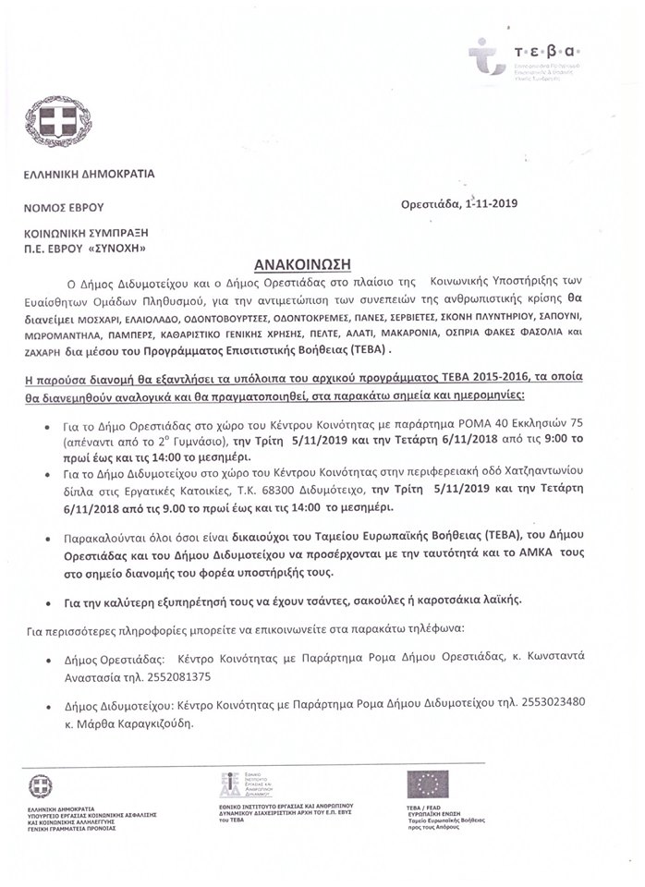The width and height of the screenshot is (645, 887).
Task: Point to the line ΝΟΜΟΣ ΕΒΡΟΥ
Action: click(x=65, y=207)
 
